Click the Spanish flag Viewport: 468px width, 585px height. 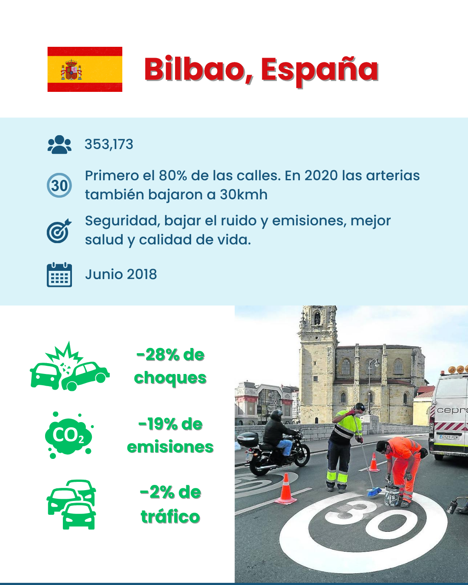click(x=85, y=69)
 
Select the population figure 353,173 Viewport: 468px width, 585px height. click(x=109, y=144)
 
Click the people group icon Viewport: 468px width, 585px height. click(x=59, y=145)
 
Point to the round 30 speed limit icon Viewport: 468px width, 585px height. click(x=59, y=185)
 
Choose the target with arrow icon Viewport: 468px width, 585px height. click(x=59, y=231)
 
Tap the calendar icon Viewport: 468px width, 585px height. click(x=59, y=275)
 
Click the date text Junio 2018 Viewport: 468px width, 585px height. click(x=121, y=274)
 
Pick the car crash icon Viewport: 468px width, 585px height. click(x=70, y=366)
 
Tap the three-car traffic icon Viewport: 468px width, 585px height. click(x=71, y=505)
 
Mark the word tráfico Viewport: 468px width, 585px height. click(x=170, y=517)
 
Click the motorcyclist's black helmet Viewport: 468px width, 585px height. click(x=277, y=415)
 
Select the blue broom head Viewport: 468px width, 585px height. click(x=374, y=492)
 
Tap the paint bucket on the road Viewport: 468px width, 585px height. click(x=392, y=496)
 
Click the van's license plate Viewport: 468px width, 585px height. click(x=449, y=437)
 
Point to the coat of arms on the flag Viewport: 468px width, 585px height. click(x=71, y=70)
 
